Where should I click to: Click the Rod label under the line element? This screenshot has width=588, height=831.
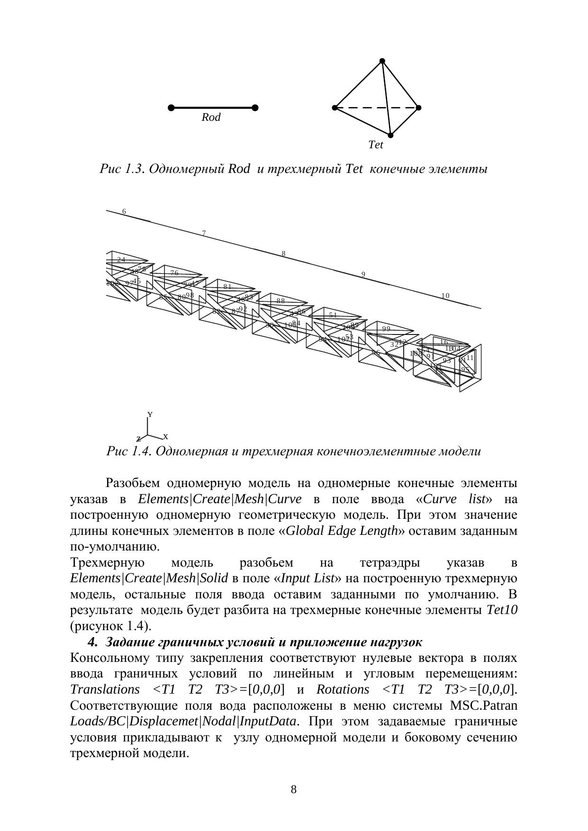(211, 117)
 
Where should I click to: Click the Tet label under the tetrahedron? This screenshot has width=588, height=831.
(375, 145)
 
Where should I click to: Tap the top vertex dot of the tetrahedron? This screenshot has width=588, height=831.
(382, 61)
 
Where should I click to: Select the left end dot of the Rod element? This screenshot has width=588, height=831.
(171, 108)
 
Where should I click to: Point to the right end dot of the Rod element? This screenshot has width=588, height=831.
(255, 108)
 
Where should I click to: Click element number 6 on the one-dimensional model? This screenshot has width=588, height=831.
(124, 212)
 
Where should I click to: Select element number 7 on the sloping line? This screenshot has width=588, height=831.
(204, 234)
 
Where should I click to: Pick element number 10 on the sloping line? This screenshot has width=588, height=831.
(445, 296)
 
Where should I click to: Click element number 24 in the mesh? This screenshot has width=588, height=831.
(121, 260)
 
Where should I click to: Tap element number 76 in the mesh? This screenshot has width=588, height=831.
(174, 273)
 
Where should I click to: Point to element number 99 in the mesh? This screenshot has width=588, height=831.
(386, 329)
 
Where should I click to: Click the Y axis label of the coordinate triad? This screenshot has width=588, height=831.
(150, 415)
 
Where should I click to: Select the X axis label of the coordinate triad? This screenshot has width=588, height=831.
(166, 437)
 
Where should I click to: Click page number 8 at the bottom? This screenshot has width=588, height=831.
(294, 789)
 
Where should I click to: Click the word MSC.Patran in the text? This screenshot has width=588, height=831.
(483, 705)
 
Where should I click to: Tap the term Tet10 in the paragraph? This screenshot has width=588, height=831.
(502, 610)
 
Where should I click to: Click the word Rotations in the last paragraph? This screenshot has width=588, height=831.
(343, 689)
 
